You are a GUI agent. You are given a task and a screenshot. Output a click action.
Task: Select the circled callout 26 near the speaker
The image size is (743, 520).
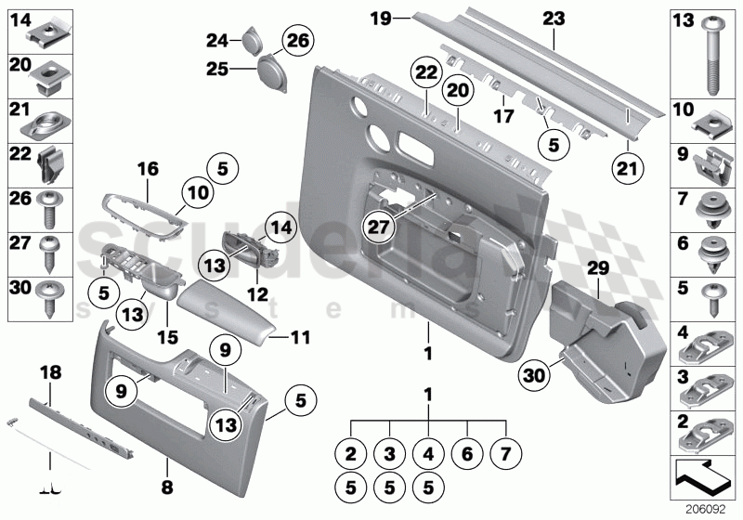coord(298,41)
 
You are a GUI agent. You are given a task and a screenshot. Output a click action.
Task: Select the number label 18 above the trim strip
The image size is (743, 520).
coord(51,372)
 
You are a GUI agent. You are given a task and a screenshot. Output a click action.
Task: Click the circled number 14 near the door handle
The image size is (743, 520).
coord(280,225)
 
